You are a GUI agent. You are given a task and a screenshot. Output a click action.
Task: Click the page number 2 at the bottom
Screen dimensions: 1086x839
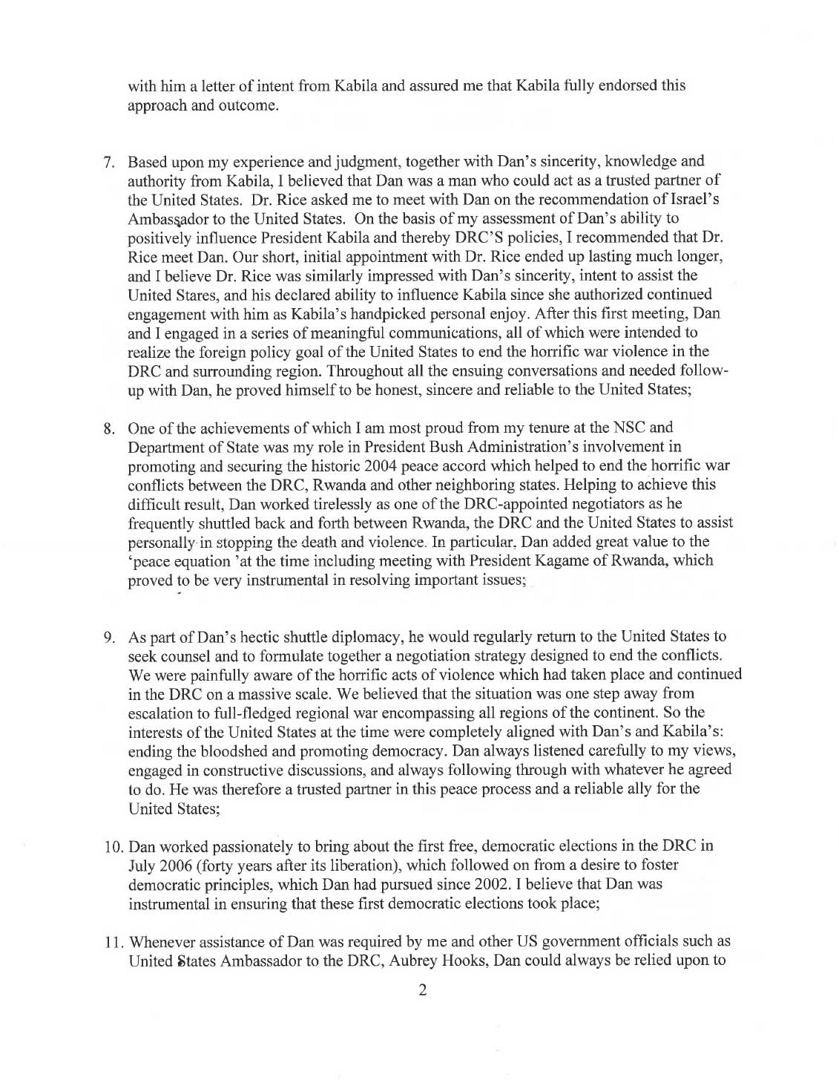pos(422,989)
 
